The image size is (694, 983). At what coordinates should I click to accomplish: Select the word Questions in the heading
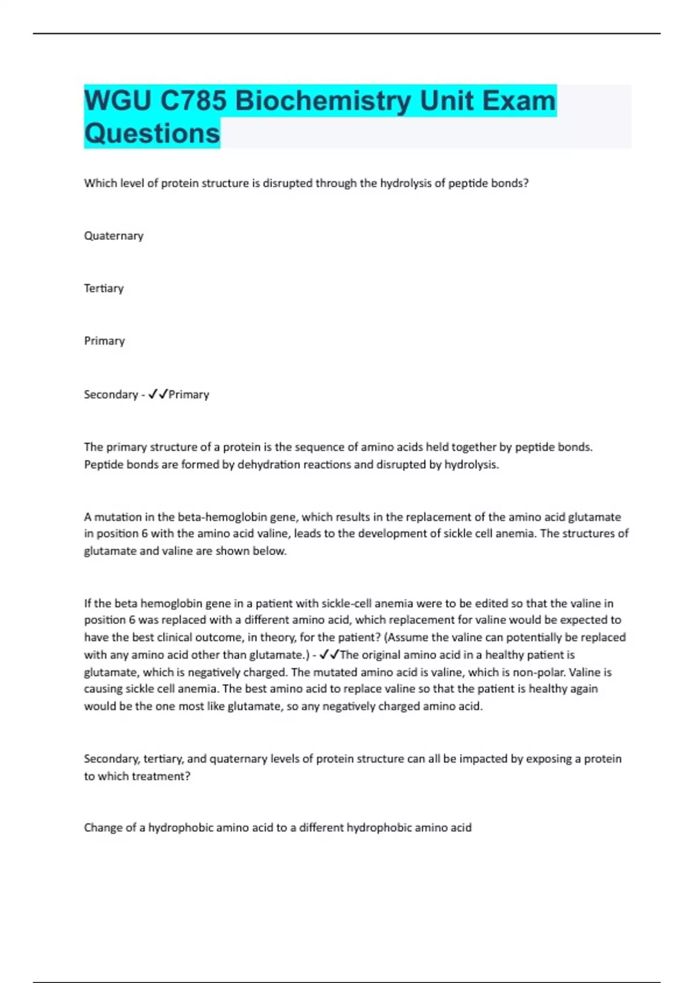click(x=152, y=134)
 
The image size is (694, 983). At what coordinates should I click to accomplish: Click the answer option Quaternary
click(x=113, y=236)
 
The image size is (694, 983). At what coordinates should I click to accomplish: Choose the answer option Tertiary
click(x=104, y=289)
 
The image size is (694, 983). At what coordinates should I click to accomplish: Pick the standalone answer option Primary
click(x=104, y=341)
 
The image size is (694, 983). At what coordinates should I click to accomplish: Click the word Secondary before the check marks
click(x=110, y=394)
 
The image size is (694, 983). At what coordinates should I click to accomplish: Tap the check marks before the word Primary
click(x=158, y=394)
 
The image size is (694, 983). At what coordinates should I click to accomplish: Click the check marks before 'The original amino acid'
click(x=330, y=655)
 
